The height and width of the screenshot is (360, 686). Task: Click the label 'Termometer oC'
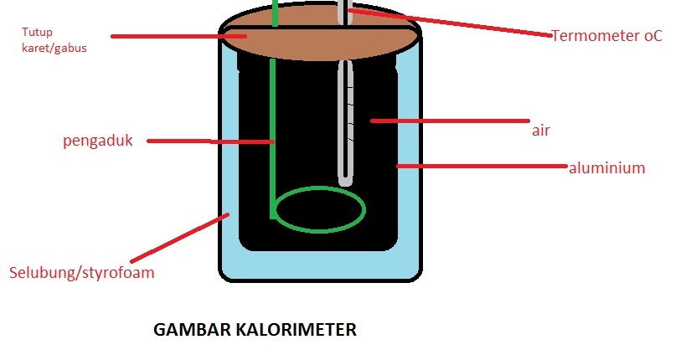[606, 35]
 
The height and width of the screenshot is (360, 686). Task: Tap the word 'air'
[540, 131]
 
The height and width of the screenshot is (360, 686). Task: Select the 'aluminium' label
[606, 167]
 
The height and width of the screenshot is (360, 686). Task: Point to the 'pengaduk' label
[98, 141]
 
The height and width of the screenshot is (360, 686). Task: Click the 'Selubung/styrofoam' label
[81, 273]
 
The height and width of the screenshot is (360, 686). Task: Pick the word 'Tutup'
[35, 33]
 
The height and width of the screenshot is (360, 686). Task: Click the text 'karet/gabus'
[54, 49]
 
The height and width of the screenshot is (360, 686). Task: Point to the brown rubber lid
[318, 38]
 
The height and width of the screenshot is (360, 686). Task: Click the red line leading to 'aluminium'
[482, 167]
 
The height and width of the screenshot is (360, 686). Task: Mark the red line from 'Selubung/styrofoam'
[179, 239]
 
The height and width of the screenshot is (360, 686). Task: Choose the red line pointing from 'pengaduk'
[209, 141]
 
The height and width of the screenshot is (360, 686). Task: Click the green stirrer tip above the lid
[275, 12]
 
